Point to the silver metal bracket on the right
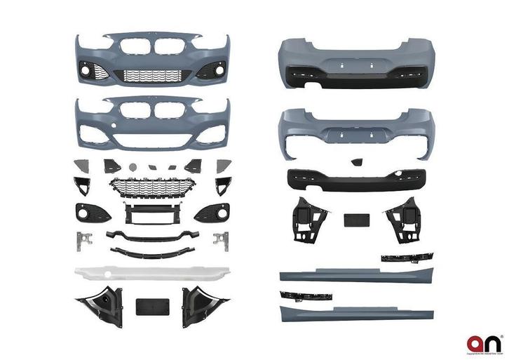(222, 239)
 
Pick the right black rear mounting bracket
(402, 219)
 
